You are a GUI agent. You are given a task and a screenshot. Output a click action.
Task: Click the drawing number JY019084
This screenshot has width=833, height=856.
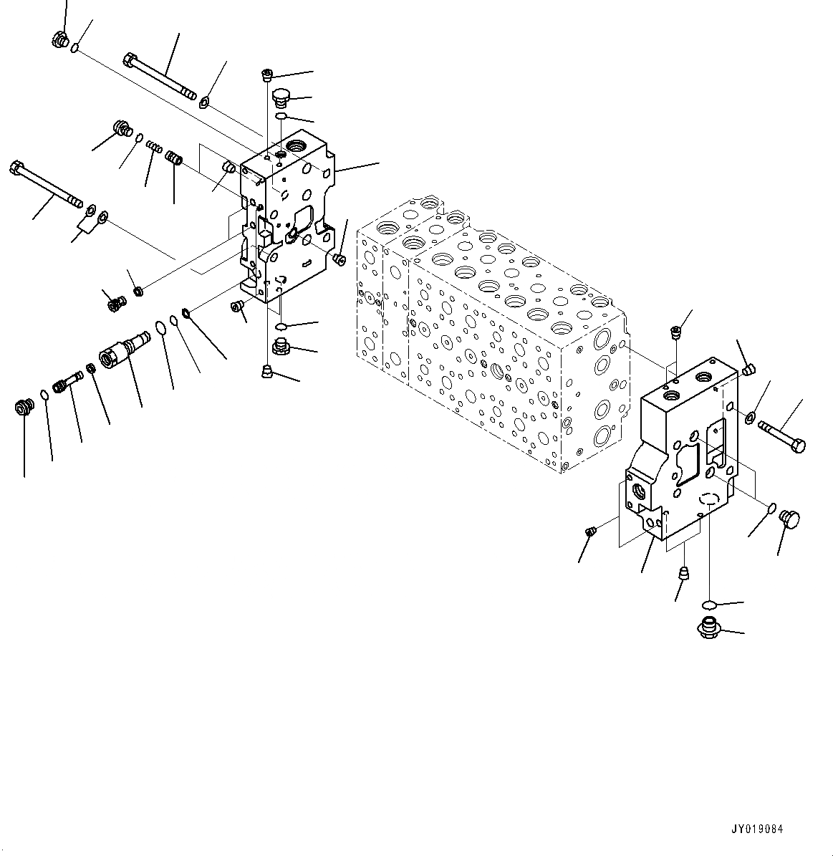pyautogui.click(x=757, y=829)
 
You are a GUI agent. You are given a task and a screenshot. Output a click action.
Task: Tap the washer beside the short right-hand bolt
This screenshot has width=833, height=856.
pyautogui.click(x=750, y=417)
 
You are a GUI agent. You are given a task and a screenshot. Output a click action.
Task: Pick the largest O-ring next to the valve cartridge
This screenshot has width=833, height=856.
pyautogui.click(x=161, y=329)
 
